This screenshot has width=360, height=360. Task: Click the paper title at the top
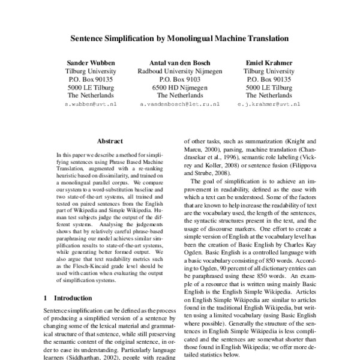point(180,38)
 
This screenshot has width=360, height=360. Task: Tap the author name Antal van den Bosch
point(180,62)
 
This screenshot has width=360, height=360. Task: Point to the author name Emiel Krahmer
point(269,62)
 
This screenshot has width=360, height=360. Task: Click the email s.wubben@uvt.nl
point(90,103)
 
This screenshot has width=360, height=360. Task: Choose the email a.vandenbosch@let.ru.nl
point(180,103)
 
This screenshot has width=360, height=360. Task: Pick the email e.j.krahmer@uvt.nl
point(269,103)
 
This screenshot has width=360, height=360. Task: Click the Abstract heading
point(110,141)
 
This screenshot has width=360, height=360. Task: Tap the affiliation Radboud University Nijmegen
point(180,71)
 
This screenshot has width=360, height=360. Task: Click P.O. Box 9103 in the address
point(180,79)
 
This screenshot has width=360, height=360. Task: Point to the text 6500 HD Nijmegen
point(180,87)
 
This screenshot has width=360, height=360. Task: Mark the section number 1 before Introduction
point(47,298)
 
